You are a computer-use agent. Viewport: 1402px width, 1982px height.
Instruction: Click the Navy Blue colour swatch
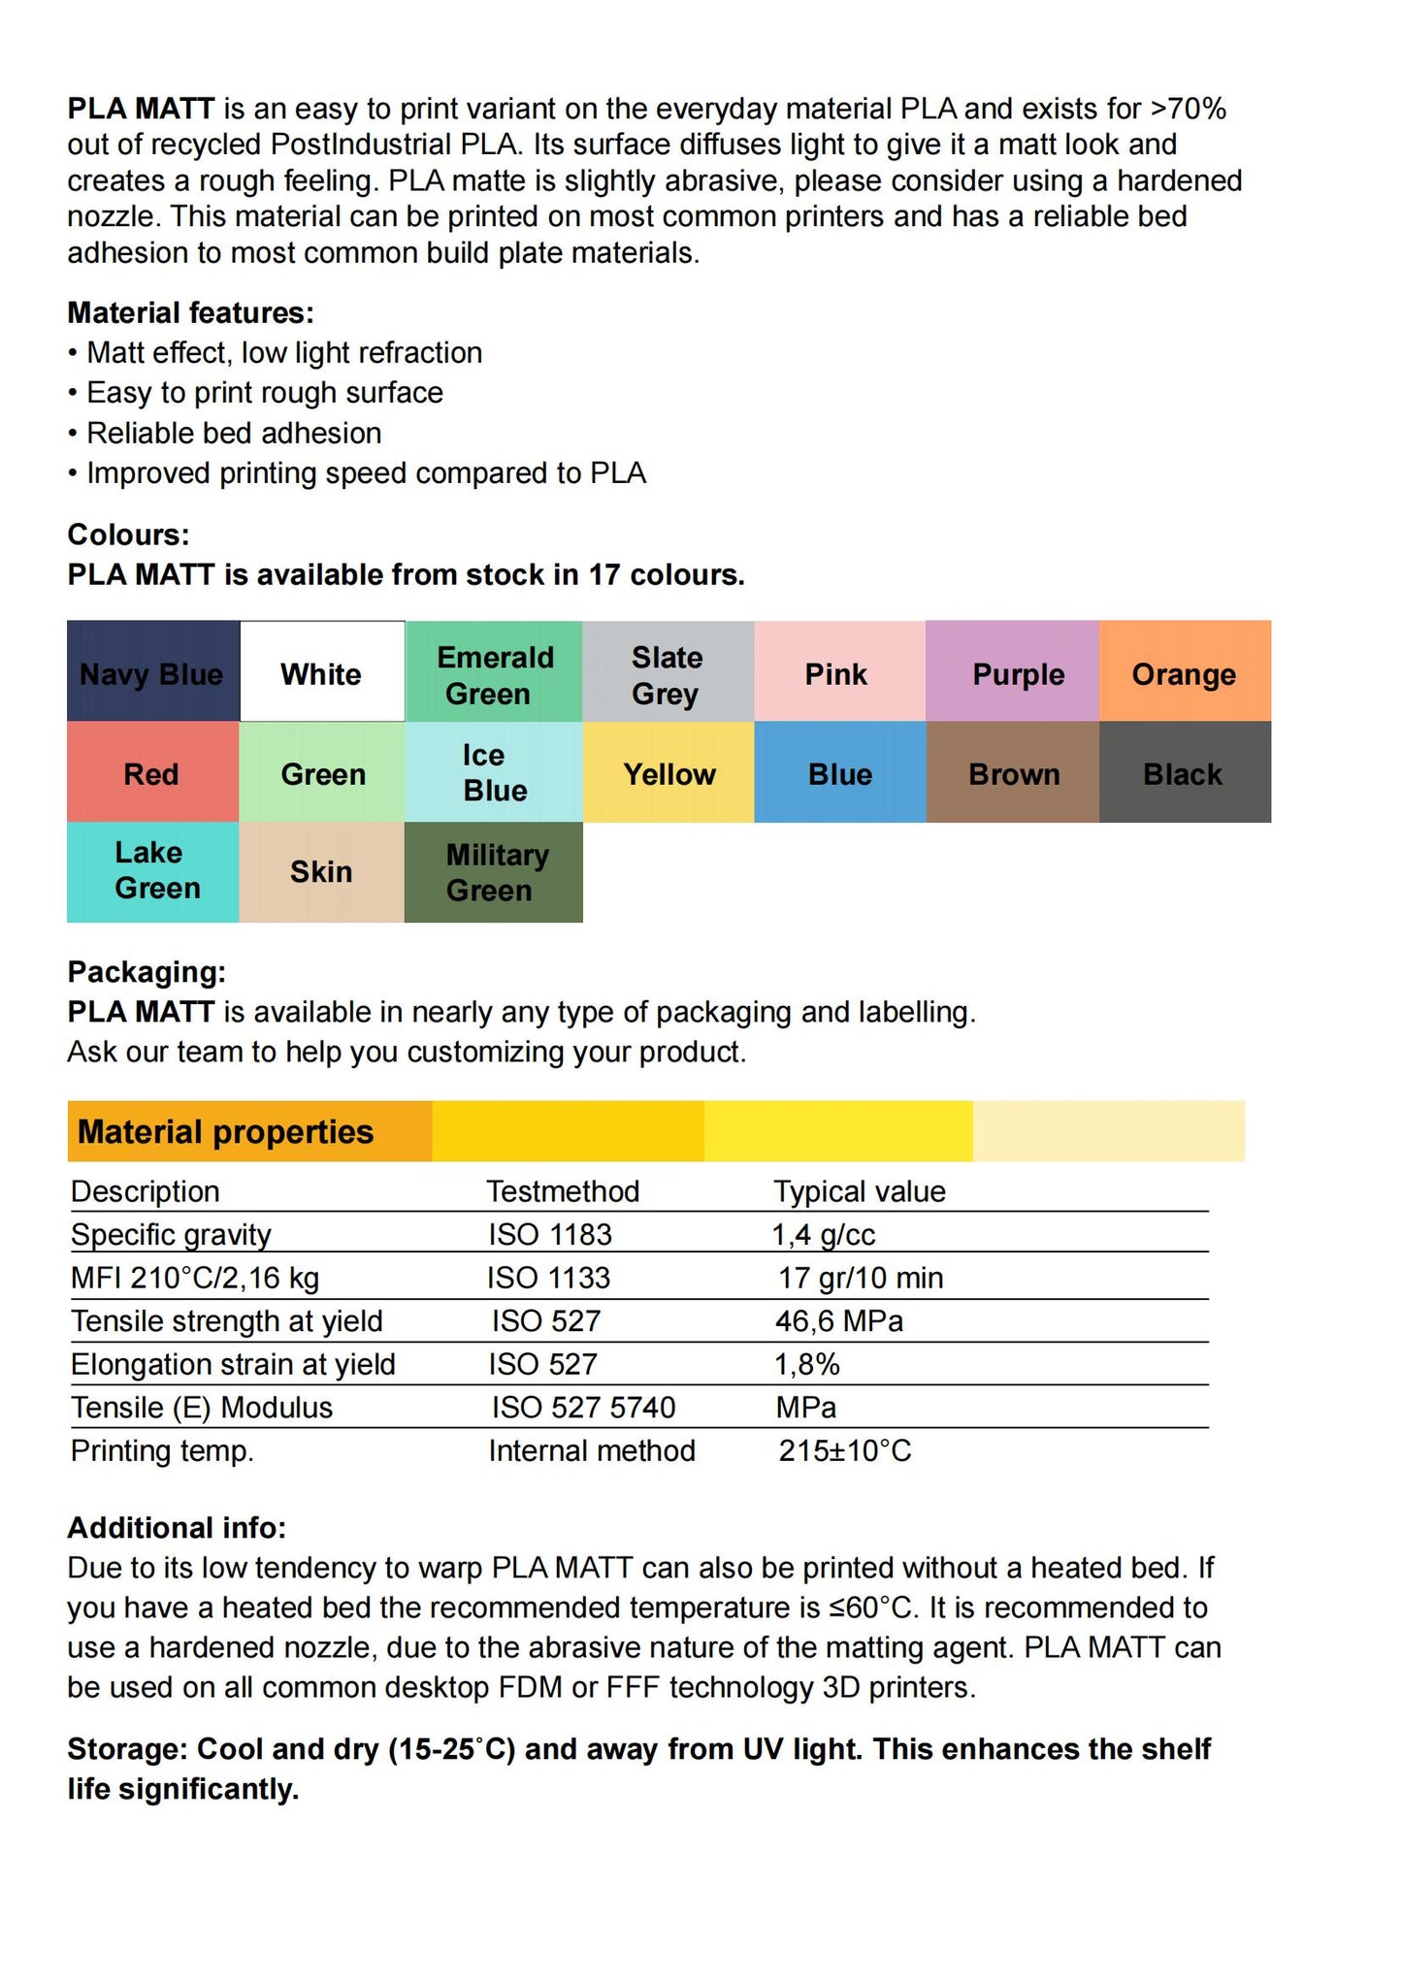click(x=152, y=672)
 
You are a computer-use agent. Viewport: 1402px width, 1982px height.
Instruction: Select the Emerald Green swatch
click(x=494, y=672)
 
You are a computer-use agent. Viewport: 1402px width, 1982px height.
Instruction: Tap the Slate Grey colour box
click(x=668, y=672)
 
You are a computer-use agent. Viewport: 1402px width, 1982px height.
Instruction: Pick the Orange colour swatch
click(x=1185, y=672)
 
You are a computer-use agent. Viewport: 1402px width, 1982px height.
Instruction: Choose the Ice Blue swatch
click(x=494, y=772)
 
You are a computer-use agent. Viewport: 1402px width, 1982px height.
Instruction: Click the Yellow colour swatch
click(x=668, y=773)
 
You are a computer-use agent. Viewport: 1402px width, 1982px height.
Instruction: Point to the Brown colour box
click(x=1013, y=773)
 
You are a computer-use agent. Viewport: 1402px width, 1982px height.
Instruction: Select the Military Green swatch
click(x=494, y=872)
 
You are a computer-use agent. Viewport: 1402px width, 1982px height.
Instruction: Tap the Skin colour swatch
click(x=321, y=872)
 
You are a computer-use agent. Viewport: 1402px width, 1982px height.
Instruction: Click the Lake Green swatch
click(x=152, y=871)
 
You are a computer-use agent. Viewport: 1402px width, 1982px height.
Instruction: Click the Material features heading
click(x=190, y=312)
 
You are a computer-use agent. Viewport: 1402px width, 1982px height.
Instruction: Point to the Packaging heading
click(x=147, y=971)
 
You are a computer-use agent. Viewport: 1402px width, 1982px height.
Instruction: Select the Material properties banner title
click(x=225, y=1131)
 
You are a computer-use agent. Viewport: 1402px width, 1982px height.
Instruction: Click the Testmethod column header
click(x=563, y=1191)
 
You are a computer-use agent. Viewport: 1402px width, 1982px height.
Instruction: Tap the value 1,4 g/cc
click(x=824, y=1234)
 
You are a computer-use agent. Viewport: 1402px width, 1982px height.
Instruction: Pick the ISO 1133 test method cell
click(x=549, y=1278)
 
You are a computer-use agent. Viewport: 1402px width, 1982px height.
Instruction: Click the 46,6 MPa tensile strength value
click(x=839, y=1320)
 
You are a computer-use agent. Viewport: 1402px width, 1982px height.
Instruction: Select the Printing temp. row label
click(x=162, y=1450)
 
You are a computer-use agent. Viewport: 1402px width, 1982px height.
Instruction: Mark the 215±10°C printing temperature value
click(x=845, y=1450)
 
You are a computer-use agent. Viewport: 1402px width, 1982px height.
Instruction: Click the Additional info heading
click(x=177, y=1527)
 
